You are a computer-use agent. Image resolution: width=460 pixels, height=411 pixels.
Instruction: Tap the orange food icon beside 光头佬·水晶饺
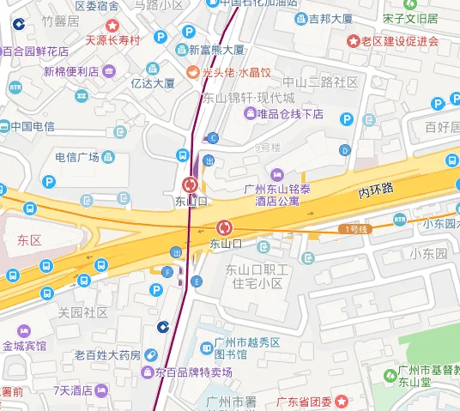click(x=193, y=72)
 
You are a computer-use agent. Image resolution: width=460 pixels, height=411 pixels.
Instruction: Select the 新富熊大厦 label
click(x=216, y=51)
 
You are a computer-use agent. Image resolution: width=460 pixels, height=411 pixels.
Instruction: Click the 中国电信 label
click(x=33, y=126)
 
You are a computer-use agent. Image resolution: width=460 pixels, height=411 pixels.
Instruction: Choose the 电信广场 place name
click(x=77, y=157)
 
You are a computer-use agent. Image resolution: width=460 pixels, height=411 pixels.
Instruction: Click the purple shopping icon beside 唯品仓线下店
click(x=251, y=114)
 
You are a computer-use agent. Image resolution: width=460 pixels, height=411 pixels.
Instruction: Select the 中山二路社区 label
click(x=320, y=82)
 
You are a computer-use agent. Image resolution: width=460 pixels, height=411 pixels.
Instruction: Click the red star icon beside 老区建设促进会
click(x=353, y=40)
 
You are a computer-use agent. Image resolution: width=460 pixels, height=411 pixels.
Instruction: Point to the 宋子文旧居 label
click(x=410, y=17)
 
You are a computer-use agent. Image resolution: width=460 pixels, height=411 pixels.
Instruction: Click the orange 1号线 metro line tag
click(x=354, y=229)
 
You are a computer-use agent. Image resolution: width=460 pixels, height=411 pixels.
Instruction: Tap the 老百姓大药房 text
click(x=107, y=354)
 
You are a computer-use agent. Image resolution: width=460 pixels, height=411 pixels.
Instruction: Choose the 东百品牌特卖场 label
click(x=194, y=372)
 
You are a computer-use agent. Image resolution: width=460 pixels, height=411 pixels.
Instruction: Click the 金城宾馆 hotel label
click(x=24, y=346)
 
